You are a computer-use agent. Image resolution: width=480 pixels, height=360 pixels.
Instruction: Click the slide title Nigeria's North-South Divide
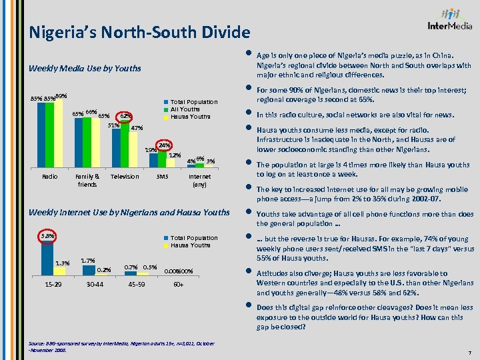pos(139,32)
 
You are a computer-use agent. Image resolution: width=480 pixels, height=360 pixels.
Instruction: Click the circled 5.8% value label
pos(48,236)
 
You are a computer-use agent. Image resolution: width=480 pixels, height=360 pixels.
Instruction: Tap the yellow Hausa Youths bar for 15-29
pos(59,271)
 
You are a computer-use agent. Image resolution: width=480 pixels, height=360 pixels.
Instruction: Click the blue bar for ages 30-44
pos(87,268)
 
